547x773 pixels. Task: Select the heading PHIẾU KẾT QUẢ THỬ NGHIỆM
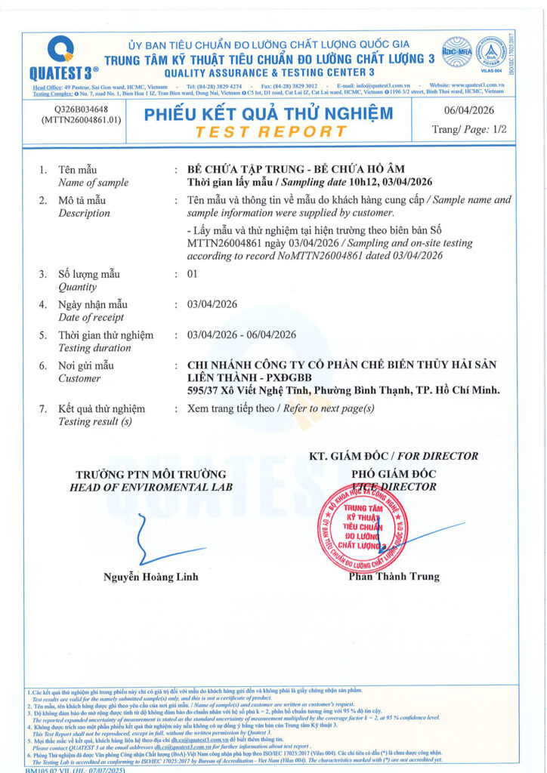click(269, 114)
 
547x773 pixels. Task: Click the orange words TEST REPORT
click(270, 131)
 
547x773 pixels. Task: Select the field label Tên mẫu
click(77, 170)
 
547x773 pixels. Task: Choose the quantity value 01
click(192, 274)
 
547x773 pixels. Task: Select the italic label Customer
click(79, 378)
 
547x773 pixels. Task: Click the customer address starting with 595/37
click(344, 390)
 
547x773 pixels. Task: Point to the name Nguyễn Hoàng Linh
click(150, 577)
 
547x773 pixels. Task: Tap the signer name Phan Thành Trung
click(394, 576)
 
